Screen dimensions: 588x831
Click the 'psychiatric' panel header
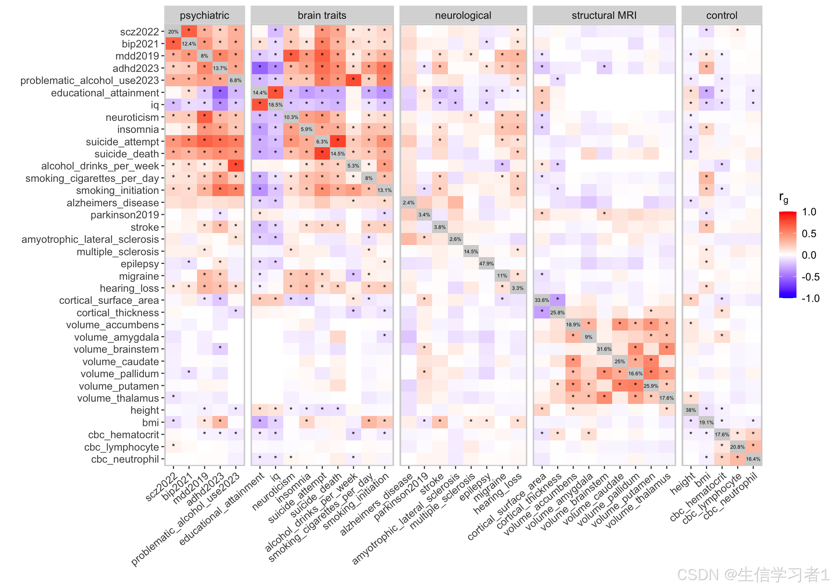click(204, 15)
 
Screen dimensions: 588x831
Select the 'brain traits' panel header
click(322, 15)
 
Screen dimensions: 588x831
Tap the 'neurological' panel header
click(463, 15)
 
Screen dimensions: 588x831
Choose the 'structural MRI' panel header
click(604, 15)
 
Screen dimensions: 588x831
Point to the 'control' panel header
click(721, 15)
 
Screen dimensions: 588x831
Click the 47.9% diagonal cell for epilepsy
click(486, 264)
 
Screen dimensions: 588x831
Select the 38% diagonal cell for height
click(690, 410)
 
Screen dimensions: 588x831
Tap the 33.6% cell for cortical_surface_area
click(542, 300)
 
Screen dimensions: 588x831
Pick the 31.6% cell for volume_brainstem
click(604, 349)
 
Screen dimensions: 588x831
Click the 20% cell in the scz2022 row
click(173, 32)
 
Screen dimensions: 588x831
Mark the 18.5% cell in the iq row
click(275, 105)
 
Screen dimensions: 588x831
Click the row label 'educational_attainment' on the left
click(105, 93)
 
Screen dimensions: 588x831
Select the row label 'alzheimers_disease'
click(113, 203)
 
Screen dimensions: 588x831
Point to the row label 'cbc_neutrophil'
click(125, 459)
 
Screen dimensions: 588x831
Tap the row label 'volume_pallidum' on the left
click(119, 374)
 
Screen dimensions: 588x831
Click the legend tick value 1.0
click(809, 212)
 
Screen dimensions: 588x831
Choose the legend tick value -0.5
click(809, 277)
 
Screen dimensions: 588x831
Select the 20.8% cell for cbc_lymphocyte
click(737, 447)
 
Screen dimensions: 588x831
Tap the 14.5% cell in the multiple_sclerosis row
click(471, 251)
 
